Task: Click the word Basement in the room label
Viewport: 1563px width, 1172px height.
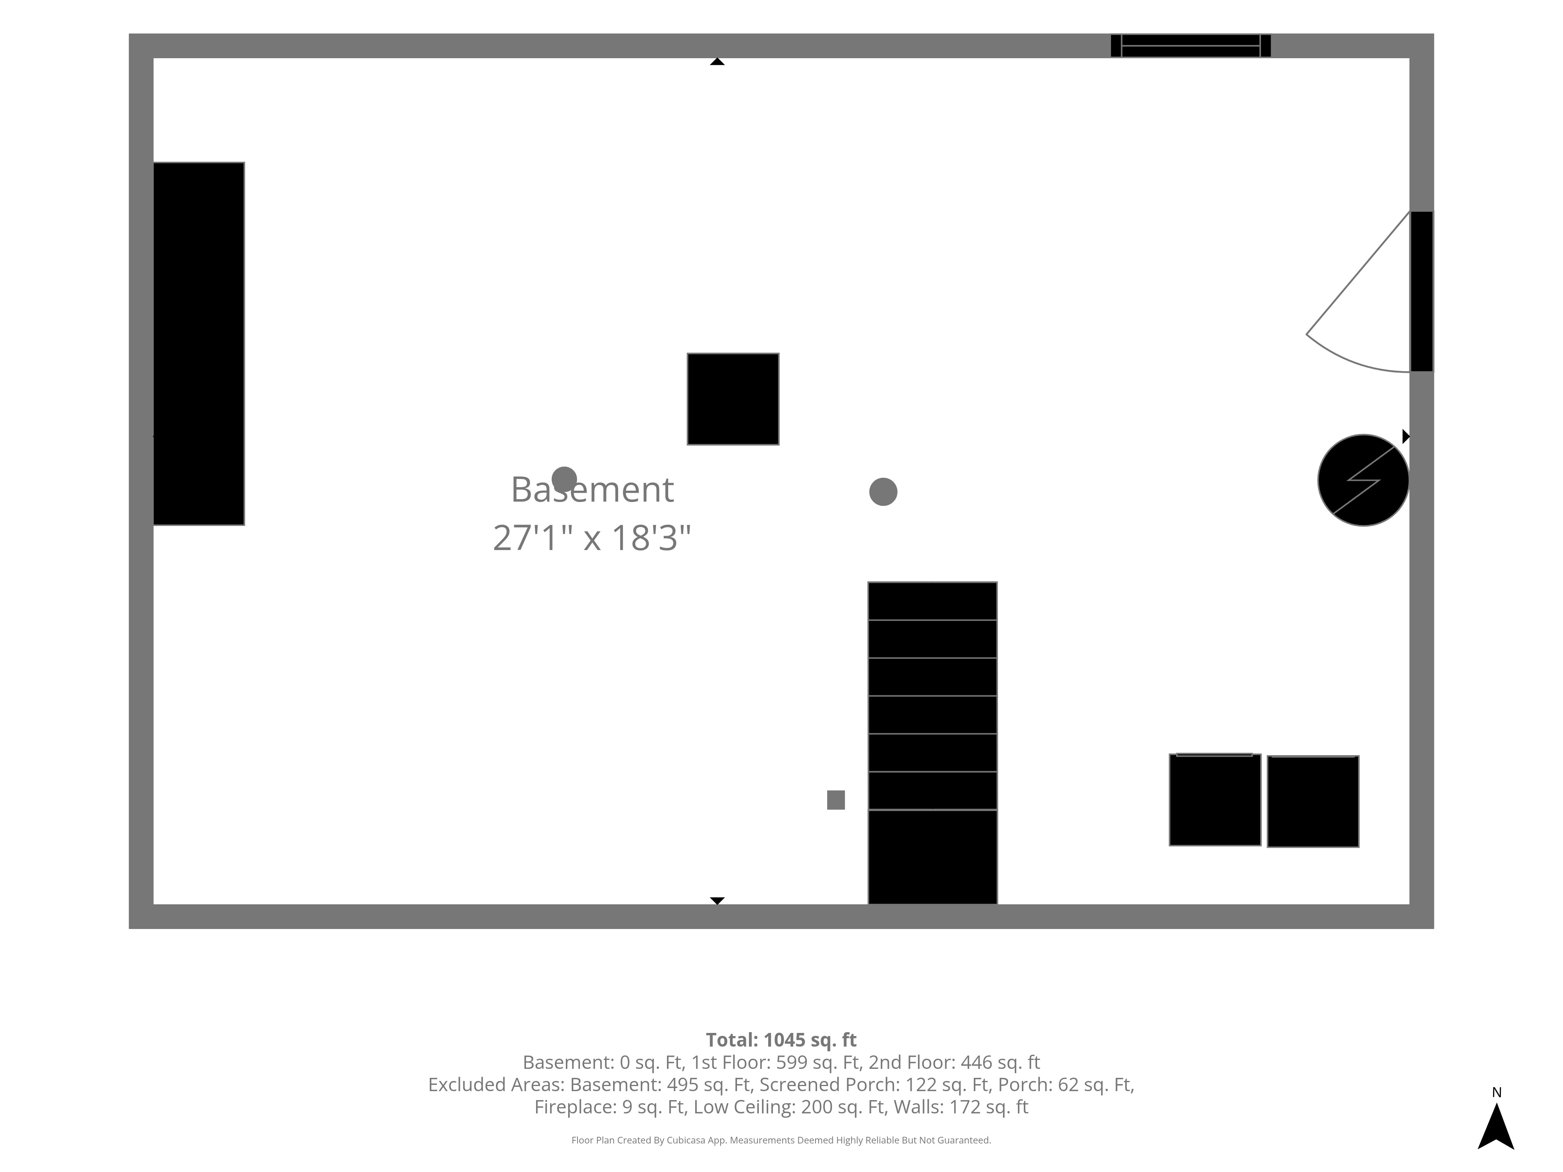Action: click(592, 490)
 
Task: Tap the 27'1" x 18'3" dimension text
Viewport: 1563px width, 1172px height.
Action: click(592, 538)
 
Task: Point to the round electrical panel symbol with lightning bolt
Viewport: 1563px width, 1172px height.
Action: click(1363, 481)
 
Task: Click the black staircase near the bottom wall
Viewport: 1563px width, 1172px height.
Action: click(932, 743)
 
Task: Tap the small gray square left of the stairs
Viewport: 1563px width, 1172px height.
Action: click(836, 800)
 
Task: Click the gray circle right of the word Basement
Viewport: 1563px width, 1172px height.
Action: click(883, 492)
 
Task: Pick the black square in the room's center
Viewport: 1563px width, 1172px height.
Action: click(733, 399)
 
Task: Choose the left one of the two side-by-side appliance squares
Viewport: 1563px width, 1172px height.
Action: click(1214, 800)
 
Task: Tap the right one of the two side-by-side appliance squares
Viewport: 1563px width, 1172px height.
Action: click(1313, 801)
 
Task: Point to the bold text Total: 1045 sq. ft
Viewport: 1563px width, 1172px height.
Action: click(781, 1040)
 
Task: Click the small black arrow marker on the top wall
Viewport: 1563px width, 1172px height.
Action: click(717, 61)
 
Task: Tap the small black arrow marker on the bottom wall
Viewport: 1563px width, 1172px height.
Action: click(717, 901)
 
